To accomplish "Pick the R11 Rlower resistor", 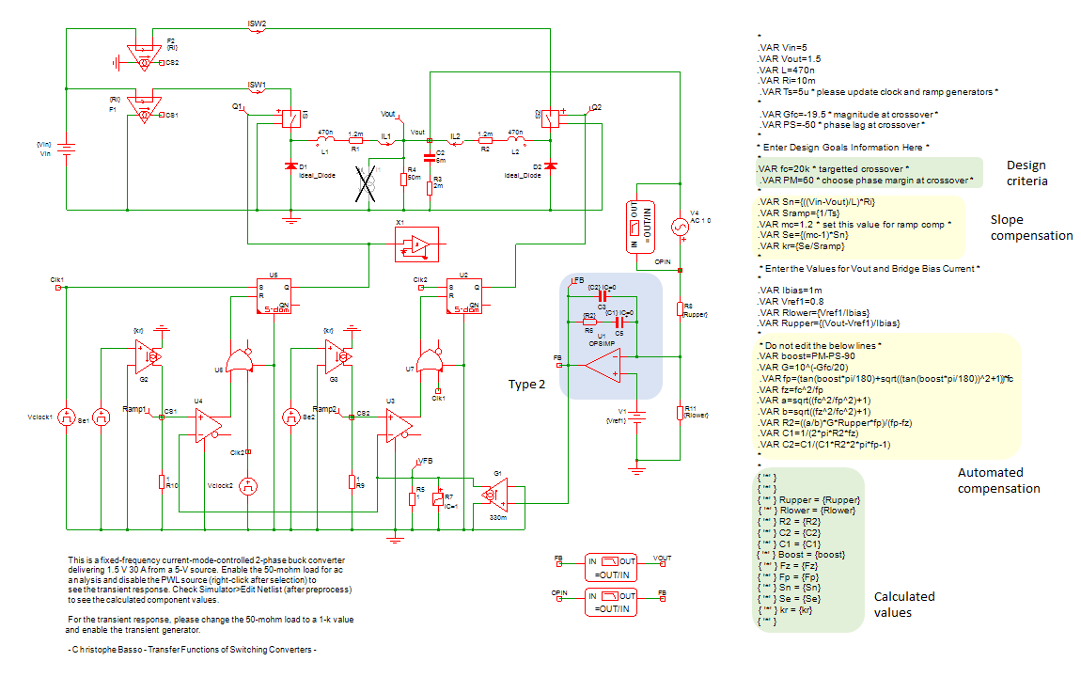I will pos(679,412).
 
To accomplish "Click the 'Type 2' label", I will pos(527,385).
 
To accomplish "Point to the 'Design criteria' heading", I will pos(1026,173).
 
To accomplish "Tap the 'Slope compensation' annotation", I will pos(1030,228).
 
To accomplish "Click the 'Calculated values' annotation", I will pos(904,604).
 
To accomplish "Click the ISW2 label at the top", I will pos(257,22).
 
